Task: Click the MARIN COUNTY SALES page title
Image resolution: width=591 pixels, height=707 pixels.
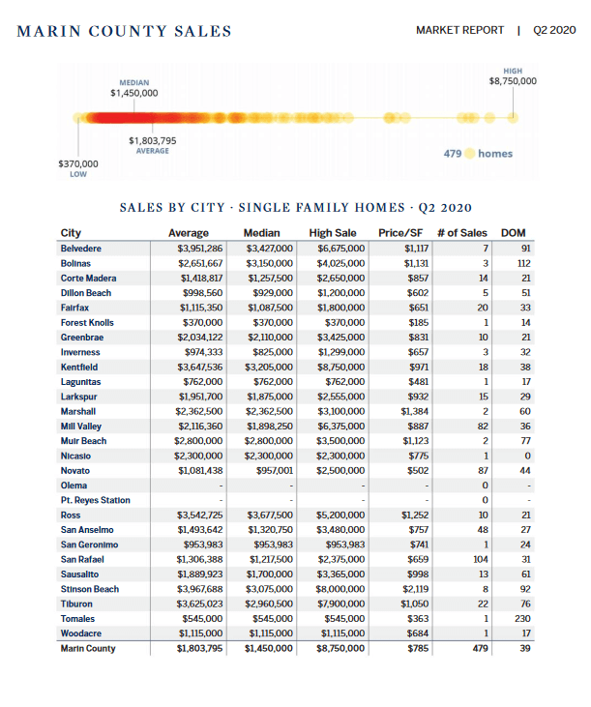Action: pyautogui.click(x=125, y=31)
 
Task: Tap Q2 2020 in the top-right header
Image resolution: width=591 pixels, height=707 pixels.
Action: pyautogui.click(x=554, y=30)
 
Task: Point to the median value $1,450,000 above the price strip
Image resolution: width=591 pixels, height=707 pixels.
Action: pyautogui.click(x=133, y=94)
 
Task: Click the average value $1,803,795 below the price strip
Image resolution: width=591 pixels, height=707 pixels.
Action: pyautogui.click(x=153, y=141)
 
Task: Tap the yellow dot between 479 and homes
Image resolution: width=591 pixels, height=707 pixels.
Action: pyautogui.click(x=470, y=153)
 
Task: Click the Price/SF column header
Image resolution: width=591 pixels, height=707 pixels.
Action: pyautogui.click(x=404, y=233)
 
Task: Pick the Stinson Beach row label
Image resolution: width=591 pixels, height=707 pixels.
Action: pyautogui.click(x=89, y=589)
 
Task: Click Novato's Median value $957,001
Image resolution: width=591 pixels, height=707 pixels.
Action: pyautogui.click(x=269, y=470)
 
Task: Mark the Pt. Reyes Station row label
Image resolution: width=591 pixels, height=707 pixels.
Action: pyautogui.click(x=95, y=500)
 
